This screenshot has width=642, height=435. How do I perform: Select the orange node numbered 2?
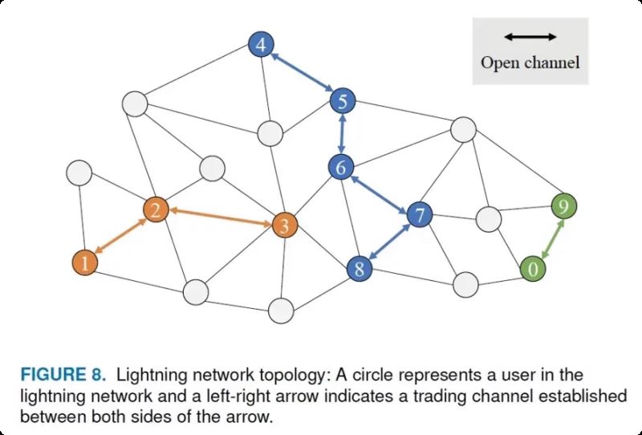coord(156,210)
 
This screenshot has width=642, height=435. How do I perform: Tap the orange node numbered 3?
coord(282,226)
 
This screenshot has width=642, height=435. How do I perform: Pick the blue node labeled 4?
coord(260,46)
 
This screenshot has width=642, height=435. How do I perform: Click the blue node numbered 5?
coord(343,102)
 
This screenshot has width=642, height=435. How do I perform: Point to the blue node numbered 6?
coord(341,168)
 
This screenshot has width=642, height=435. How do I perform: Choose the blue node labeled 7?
coord(420,214)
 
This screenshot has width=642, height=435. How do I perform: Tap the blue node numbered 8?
coord(360,269)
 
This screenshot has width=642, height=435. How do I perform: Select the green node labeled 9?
coord(564,207)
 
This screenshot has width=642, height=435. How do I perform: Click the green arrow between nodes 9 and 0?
coord(548,237)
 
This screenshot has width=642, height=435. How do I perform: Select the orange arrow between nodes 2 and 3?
coord(219,217)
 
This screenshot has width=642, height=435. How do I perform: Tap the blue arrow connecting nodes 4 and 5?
coord(302,74)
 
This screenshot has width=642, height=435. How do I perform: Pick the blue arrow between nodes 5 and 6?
coord(342,135)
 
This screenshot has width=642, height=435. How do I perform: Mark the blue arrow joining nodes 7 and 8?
coord(390,242)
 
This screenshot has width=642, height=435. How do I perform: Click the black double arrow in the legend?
coord(530,37)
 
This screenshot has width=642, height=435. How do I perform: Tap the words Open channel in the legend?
coord(530,62)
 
